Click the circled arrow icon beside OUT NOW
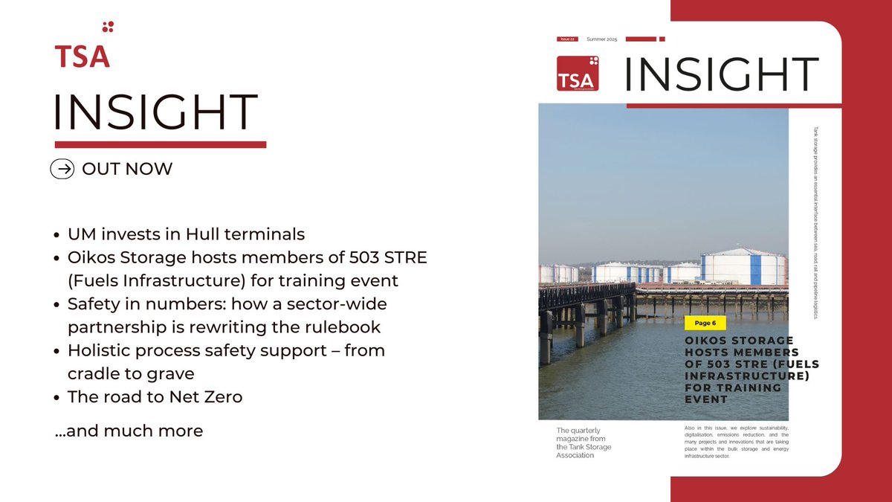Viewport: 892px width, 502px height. point(63,170)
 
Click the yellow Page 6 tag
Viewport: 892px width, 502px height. point(705,324)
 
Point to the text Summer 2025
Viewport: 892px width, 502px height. point(602,39)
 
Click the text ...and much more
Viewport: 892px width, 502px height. point(129,431)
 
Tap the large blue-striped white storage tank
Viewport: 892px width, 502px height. point(743,267)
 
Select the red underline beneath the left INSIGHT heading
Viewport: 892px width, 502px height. point(160,144)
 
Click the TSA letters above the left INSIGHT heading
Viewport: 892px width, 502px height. point(82,57)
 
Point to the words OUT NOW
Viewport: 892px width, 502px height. point(127,170)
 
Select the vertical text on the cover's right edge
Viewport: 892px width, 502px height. point(815,223)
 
